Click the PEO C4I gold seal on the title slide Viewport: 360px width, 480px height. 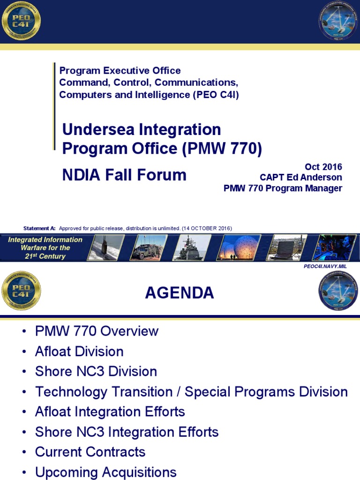click(21, 21)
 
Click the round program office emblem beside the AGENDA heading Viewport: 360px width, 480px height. click(338, 291)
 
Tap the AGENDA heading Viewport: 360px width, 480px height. click(180, 293)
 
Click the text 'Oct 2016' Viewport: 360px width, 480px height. click(323, 167)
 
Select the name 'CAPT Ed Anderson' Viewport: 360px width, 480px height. click(301, 178)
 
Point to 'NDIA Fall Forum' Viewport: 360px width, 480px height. click(124, 175)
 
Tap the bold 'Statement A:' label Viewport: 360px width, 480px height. click(39, 228)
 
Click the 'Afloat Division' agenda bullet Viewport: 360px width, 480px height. click(79, 352)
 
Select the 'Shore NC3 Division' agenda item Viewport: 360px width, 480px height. click(96, 371)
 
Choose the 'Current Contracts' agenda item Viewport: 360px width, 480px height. click(90, 452)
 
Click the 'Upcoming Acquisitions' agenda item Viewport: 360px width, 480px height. click(105, 472)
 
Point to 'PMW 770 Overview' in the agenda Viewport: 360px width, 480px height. click(97, 331)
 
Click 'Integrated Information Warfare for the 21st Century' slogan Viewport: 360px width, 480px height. click(45, 248)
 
